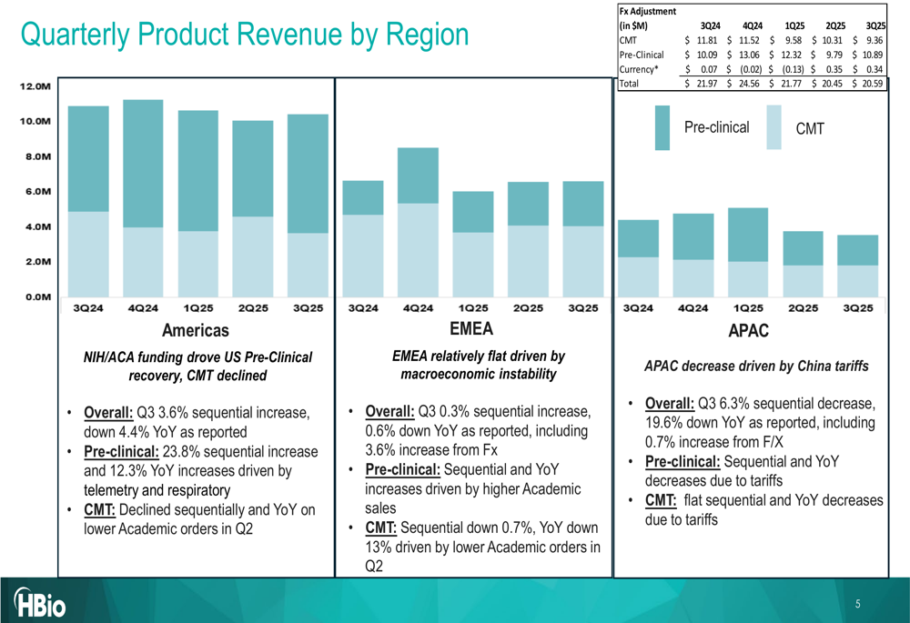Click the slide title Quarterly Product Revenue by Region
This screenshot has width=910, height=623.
244,35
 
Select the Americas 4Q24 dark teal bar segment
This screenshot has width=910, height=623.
143,163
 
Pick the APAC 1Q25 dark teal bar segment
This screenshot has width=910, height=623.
748,235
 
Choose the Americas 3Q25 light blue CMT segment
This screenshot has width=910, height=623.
308,265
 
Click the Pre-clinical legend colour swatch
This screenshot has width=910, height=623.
662,127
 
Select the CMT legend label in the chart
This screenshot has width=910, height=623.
810,129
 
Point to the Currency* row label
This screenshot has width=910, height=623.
639,69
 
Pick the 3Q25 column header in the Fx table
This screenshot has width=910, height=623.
875,25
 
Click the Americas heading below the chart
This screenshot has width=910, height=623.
195,330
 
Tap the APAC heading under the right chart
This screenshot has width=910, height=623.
748,331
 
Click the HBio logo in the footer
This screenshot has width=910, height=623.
40,603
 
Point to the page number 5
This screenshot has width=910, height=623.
857,604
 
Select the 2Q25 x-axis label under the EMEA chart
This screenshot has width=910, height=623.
528,308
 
